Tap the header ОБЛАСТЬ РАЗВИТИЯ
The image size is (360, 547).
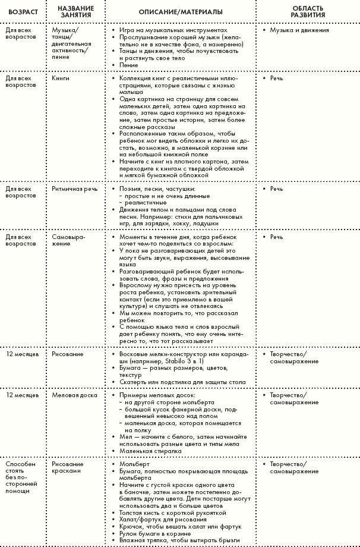pos(308,12)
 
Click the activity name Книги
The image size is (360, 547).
pos(61,78)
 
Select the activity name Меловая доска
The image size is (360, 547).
pos(74,394)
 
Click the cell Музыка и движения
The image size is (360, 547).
pos(296,29)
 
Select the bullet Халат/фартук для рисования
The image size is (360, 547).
pos(156,519)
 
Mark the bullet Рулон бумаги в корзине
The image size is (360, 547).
pos(152,533)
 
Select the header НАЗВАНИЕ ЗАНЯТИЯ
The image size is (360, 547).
pos(75,12)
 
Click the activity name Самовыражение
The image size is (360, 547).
pos(68,240)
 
